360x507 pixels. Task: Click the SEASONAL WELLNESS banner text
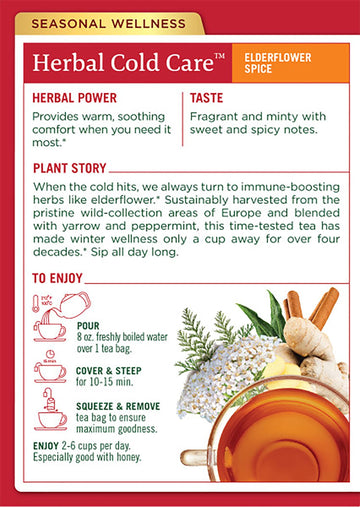(96, 20)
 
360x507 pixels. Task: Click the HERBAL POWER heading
(75, 100)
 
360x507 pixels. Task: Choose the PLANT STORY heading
(69, 169)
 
